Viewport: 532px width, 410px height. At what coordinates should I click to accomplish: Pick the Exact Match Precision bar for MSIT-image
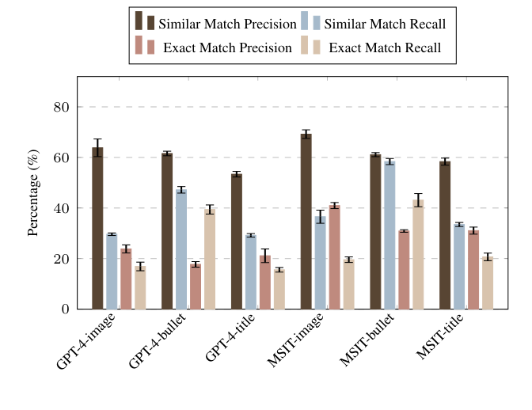point(334,257)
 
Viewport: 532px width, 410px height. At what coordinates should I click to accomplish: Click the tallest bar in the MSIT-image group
point(306,222)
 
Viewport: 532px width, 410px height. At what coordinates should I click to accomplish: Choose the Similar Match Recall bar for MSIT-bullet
point(389,235)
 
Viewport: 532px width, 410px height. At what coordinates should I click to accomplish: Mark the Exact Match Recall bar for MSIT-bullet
point(418,254)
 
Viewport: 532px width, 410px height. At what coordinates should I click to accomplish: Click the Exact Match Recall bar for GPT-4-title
point(279,289)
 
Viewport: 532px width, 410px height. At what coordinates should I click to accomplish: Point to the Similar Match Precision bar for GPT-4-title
point(236,241)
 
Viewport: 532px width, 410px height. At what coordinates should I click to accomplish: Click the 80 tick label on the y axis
point(62,107)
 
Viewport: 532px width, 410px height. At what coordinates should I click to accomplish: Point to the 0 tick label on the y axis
point(66,309)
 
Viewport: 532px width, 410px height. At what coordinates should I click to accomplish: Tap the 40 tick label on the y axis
point(62,208)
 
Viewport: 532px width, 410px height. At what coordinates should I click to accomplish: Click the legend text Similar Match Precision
point(227,23)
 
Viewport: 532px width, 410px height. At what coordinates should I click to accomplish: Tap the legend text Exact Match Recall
point(384,47)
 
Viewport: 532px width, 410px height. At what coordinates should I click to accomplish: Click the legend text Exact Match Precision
point(227,47)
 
